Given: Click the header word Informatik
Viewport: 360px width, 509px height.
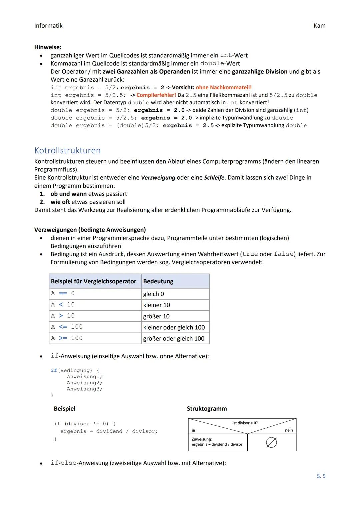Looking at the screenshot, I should point(48,26).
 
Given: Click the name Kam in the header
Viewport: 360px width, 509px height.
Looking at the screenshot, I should point(319,26).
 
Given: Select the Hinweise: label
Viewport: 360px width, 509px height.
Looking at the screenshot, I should point(48,47).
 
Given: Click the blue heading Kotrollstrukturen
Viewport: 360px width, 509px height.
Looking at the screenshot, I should point(67,150).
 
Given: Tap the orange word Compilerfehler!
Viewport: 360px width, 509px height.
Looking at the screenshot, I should point(156,95).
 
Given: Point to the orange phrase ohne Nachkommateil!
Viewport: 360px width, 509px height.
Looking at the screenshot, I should point(224,87).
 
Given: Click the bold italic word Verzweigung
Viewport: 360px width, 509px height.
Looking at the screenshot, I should point(158,178).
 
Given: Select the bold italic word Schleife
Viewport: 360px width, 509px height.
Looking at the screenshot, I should point(214,178).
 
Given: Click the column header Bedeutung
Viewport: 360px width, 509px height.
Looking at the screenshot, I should point(158,281).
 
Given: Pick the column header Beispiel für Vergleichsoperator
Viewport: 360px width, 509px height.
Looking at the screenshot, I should point(93,281).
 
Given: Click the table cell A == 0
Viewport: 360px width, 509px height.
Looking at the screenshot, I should point(63,293).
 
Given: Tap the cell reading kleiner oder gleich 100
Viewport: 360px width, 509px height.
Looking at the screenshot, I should point(174,327).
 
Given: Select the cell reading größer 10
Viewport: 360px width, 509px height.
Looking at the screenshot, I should point(156,316).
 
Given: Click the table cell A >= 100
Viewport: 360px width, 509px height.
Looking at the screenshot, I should point(67,338).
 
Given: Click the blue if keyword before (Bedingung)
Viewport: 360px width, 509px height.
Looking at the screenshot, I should point(54,370).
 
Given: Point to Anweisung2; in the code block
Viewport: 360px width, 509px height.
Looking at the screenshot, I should point(84,383).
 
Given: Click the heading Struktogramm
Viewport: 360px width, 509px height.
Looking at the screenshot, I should point(207,409).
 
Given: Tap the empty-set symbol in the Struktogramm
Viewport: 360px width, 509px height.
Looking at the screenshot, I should point(271,443).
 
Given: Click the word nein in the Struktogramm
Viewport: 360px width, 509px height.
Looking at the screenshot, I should point(289,430).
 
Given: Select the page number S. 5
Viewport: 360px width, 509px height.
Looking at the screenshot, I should point(321,476).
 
